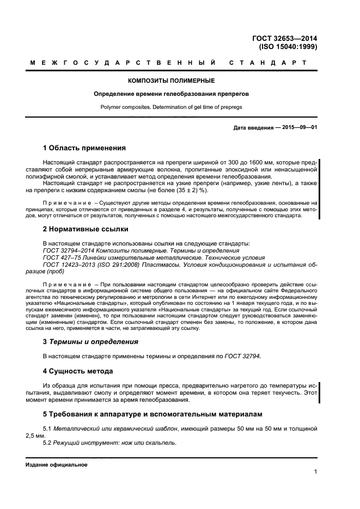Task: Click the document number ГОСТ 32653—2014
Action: tap(284, 38)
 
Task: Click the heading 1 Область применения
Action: tap(84, 148)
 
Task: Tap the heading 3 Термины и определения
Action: tap(90, 342)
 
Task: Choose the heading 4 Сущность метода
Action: tap(77, 371)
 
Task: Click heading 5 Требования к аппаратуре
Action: tap(152, 414)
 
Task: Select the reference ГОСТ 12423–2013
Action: tap(64, 265)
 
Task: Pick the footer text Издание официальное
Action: tap(57, 465)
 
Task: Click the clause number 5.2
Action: tap(47, 443)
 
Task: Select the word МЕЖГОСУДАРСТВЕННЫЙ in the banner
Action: tap(123, 63)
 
